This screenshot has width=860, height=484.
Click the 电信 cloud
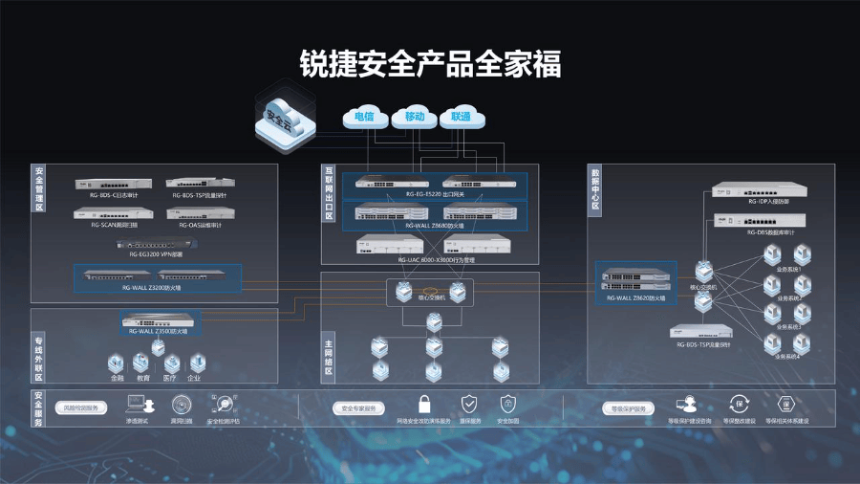point(364,117)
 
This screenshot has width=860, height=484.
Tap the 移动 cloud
point(414,117)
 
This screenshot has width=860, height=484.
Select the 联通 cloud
point(462,117)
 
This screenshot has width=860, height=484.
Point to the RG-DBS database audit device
point(760,220)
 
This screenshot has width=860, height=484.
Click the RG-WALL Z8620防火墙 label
point(636,298)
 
